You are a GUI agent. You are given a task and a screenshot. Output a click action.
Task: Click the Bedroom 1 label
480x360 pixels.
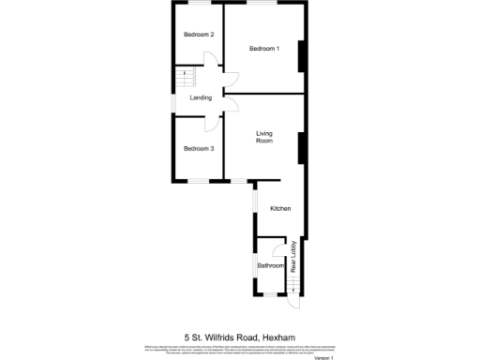263,49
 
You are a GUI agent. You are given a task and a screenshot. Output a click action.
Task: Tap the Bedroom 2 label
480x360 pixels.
199,35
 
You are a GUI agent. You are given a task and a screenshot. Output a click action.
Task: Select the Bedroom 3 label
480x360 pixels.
199,149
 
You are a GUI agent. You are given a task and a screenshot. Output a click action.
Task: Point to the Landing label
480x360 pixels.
201,97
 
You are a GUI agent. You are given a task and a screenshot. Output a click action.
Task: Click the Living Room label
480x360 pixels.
264,138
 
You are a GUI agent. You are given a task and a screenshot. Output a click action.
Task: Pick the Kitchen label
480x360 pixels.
280,208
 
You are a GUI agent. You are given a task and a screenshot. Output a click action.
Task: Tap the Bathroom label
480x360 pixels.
271,265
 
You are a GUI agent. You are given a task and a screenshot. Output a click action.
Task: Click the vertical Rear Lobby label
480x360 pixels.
293,259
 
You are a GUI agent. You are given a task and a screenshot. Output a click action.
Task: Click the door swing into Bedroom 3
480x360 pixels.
214,122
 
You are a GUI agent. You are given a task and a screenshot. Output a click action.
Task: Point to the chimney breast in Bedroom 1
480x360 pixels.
301,57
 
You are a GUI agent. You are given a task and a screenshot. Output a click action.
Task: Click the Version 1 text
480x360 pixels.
323,356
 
